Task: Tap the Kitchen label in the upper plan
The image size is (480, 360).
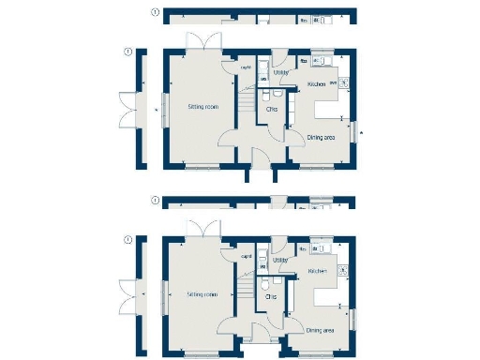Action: tap(316, 85)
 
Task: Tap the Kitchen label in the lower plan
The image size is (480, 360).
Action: tap(316, 271)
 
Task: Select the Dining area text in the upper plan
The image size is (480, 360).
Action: tap(322, 137)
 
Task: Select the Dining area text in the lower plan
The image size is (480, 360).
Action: tap(322, 329)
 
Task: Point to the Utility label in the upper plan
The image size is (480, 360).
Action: tap(280, 71)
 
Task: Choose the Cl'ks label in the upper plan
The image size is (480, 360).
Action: tap(272, 110)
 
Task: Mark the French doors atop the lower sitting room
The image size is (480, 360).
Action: tap(202, 230)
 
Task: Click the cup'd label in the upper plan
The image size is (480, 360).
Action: tap(246, 67)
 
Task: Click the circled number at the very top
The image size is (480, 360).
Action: tap(155, 12)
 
